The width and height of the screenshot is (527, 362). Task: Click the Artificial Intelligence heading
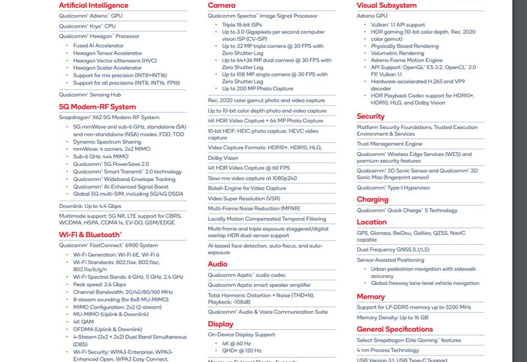94,5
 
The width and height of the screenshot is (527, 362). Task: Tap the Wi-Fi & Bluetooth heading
90,234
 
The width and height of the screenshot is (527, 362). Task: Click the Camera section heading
221,5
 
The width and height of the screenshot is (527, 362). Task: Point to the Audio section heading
218,263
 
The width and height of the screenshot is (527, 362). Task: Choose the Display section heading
221,324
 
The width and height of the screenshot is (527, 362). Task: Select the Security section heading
371,116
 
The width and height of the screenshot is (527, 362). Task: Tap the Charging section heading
373,199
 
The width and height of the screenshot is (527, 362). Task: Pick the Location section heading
372,222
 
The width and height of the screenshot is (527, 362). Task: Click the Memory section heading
371,297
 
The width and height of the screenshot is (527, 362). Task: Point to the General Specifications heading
395,329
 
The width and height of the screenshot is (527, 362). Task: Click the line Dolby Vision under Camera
223,158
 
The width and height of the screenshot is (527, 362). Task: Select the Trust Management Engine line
390,143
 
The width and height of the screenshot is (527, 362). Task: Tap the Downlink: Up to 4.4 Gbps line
90,206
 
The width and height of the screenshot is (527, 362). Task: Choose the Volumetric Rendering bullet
397,53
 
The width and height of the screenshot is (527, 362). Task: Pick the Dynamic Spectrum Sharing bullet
107,142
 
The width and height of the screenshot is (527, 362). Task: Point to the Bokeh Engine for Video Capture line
247,188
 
